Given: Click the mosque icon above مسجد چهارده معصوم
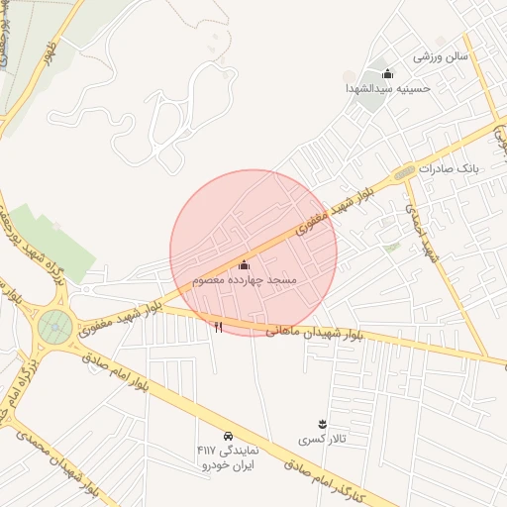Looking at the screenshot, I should tap(245, 265).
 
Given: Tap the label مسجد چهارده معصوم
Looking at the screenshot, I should tap(245, 281).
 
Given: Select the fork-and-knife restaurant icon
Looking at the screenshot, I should tap(218, 326).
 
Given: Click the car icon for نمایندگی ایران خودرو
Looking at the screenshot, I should tap(228, 436).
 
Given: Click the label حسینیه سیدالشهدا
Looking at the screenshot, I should tap(389, 89).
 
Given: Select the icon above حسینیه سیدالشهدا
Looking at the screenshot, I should tap(387, 73).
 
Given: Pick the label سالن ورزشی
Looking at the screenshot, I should tap(439, 56).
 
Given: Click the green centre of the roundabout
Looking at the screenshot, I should tap(55, 324).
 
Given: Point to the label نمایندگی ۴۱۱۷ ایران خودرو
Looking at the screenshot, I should tap(228, 457).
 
